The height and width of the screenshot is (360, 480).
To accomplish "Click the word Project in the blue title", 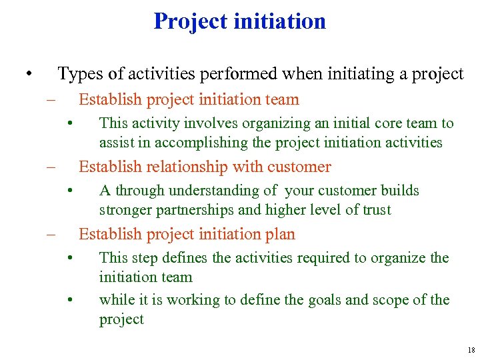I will pos(191,21).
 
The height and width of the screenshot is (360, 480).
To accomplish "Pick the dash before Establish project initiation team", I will pos(49,100).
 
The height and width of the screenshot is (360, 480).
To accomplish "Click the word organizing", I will pos(275,123).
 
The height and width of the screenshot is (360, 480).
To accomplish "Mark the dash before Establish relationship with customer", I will pos(49,167).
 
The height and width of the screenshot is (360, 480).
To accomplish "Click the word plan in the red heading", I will pos(281,235).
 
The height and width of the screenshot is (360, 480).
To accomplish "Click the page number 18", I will pos(471,350).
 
